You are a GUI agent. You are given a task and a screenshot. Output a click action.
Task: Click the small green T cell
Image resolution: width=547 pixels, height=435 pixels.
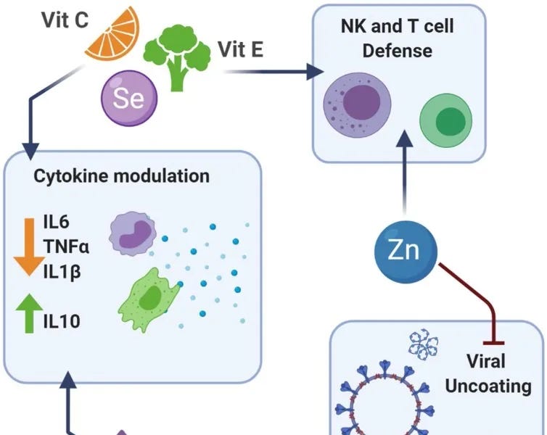[x=446, y=118]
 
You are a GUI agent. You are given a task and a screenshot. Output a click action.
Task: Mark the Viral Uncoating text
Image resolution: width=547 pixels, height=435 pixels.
[x=487, y=373]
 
